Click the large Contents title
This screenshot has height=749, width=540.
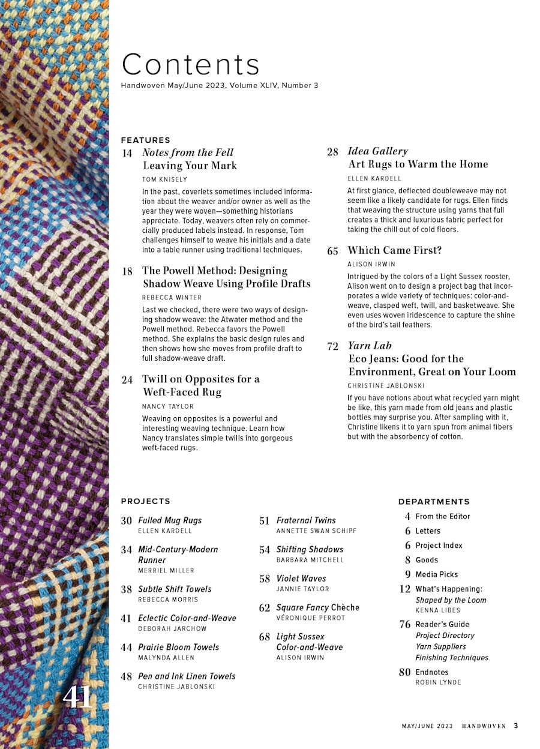tap(191, 65)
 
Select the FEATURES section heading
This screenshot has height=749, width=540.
tap(145, 140)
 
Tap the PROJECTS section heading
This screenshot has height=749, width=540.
tap(145, 501)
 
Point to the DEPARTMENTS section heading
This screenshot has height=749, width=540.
tap(434, 502)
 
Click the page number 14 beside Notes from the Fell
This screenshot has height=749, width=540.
tap(127, 153)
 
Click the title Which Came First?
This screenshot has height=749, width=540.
tap(394, 250)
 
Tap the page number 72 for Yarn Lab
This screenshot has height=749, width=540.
tap(333, 346)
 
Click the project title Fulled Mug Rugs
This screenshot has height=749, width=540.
tap(170, 520)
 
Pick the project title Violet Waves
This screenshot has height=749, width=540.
tap(301, 579)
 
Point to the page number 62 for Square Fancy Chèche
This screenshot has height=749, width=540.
tap(265, 608)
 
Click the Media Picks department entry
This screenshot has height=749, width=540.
tap(436, 574)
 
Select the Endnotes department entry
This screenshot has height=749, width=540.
tap(431, 672)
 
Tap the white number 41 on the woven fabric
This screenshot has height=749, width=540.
tap(78, 697)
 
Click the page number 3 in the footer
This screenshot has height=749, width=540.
tap(515, 726)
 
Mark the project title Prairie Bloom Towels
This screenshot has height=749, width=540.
tap(178, 647)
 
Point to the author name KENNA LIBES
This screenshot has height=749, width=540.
tap(437, 610)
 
